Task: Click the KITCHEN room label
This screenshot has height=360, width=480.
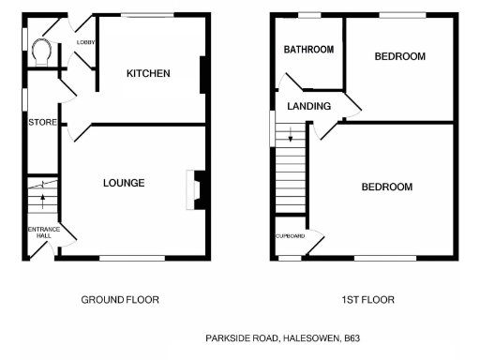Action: [x=148, y=73]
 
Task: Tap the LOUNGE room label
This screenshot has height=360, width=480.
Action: [x=124, y=183]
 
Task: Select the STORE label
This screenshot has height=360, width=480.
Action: [x=43, y=123]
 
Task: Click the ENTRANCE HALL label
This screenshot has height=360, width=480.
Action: [x=43, y=232]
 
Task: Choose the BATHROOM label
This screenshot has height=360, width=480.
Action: [x=309, y=50]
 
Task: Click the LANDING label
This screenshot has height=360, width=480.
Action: [x=309, y=107]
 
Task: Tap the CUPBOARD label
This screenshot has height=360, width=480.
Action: [x=290, y=235]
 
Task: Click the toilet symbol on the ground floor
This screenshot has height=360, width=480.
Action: [x=41, y=50]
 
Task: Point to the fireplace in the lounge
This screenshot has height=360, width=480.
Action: [x=195, y=187]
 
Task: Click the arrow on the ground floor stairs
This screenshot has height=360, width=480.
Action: [x=42, y=199]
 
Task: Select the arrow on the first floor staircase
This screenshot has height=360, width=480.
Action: [x=291, y=138]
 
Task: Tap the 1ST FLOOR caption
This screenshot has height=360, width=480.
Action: [x=367, y=300]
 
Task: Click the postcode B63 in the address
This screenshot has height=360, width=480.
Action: [x=352, y=336]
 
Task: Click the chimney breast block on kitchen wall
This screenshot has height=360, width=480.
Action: [x=203, y=75]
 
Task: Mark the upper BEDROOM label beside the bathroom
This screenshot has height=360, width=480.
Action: [x=399, y=56]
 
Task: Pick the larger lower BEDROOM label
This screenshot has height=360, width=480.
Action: [x=386, y=187]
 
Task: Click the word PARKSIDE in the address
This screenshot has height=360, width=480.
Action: [x=226, y=336]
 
